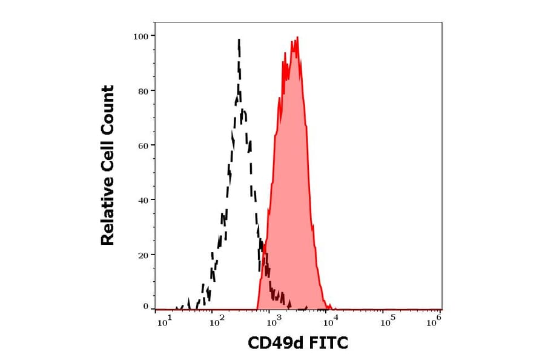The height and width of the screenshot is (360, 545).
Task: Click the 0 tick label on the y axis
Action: (x=146, y=307)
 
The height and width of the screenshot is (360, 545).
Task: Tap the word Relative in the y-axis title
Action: (x=108, y=215)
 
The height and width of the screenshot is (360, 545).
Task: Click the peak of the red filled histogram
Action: (x=297, y=38)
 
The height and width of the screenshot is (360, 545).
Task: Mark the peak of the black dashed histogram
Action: (x=239, y=40)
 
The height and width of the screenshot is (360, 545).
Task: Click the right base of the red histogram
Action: (x=330, y=308)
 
